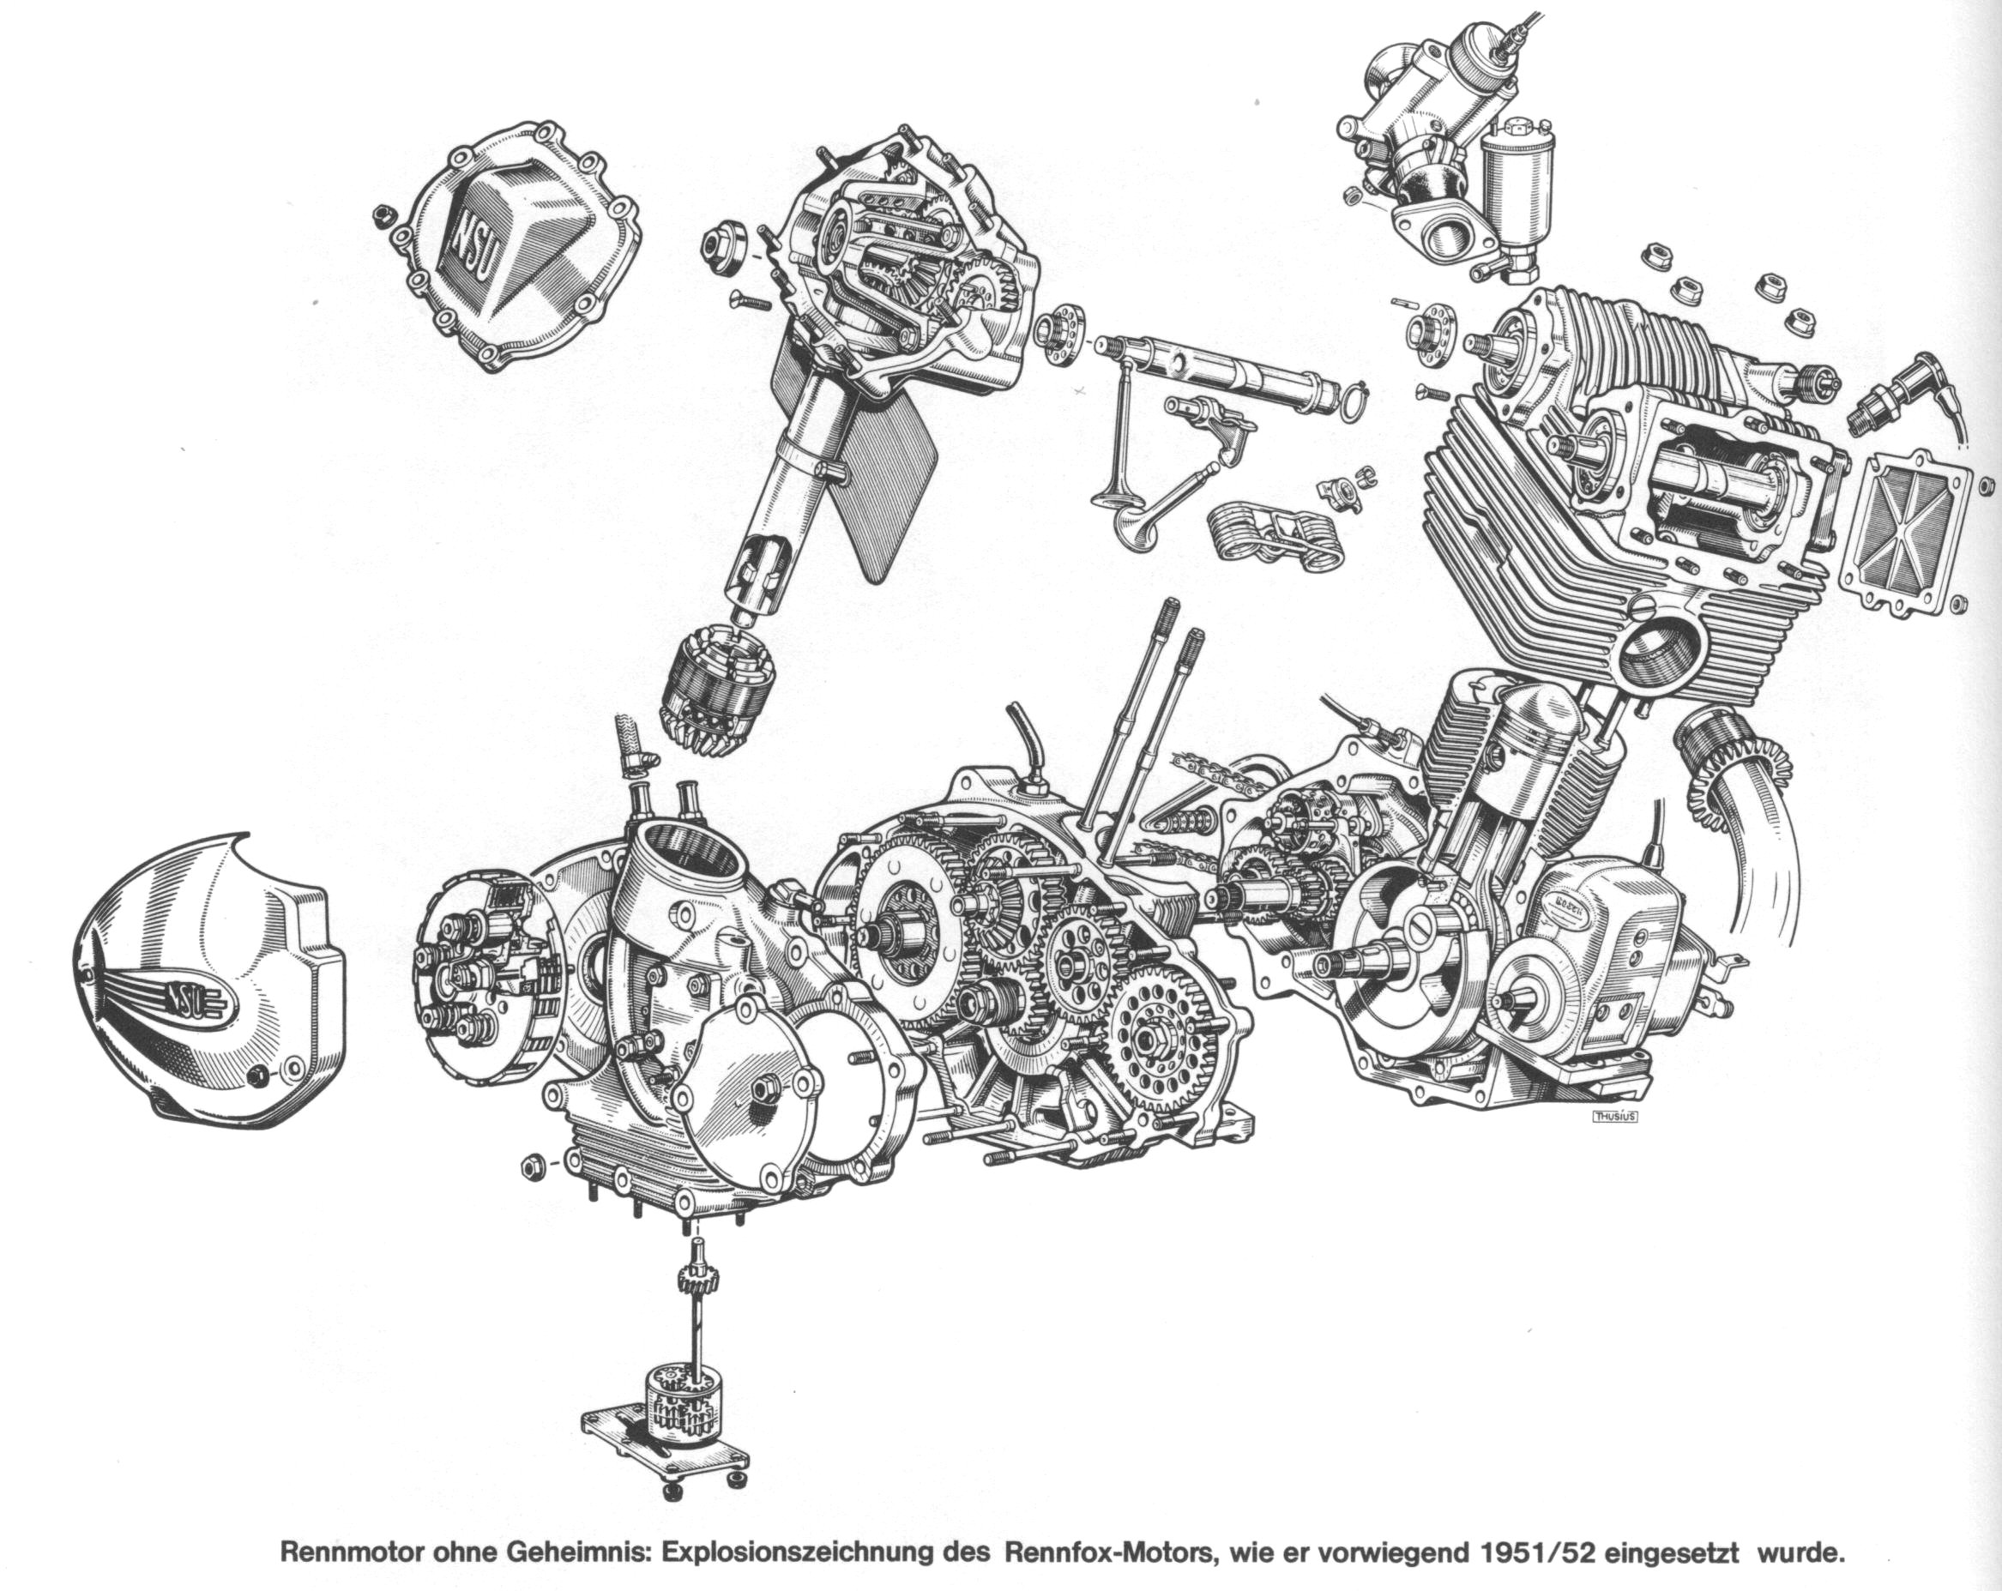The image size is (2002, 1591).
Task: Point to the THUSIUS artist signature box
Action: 1615,1117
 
